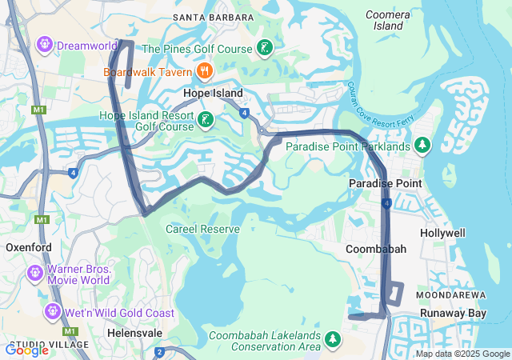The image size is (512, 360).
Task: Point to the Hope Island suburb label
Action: (x=213, y=94)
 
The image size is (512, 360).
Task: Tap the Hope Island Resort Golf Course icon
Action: (x=206, y=122)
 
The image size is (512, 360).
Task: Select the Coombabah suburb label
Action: (x=375, y=250)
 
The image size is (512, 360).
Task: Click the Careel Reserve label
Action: (x=202, y=230)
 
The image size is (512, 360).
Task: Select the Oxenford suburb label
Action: (x=29, y=248)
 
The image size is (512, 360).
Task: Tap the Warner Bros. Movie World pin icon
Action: (x=35, y=274)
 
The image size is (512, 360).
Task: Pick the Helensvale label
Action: (x=134, y=332)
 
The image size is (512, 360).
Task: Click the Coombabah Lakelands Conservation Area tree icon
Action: (x=333, y=341)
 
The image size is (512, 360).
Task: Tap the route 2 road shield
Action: (x=160, y=352)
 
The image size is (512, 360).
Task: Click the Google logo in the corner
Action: (x=27, y=350)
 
